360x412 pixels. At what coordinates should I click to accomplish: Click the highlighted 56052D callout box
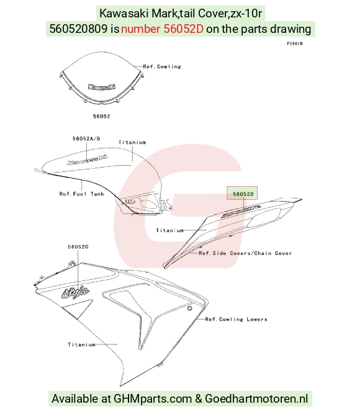point(242,193)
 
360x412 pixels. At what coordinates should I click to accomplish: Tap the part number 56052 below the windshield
point(102,116)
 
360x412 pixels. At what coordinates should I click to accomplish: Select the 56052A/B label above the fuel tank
point(86,138)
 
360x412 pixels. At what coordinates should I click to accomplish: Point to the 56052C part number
point(78,247)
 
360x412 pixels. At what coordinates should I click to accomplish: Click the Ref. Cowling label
point(162,66)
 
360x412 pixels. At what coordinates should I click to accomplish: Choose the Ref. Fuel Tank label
point(82,194)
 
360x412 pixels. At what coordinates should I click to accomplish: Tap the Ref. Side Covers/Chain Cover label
point(245,253)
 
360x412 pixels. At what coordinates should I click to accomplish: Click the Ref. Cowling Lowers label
point(236,320)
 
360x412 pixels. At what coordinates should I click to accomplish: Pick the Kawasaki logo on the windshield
point(102,87)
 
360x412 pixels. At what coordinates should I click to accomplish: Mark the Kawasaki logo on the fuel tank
point(88,160)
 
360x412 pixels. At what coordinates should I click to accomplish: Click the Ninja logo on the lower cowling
point(76,292)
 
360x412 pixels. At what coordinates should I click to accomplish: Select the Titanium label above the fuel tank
point(132,143)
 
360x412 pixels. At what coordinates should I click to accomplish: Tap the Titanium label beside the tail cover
point(169,230)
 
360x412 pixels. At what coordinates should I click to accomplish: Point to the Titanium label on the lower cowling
point(82,344)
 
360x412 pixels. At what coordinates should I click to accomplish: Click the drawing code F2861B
point(295,43)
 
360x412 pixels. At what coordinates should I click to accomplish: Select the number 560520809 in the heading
point(79,29)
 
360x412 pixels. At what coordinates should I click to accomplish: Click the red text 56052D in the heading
point(184,29)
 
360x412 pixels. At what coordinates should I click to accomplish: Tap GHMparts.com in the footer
point(153,399)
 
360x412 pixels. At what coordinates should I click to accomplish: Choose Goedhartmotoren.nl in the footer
point(256,399)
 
